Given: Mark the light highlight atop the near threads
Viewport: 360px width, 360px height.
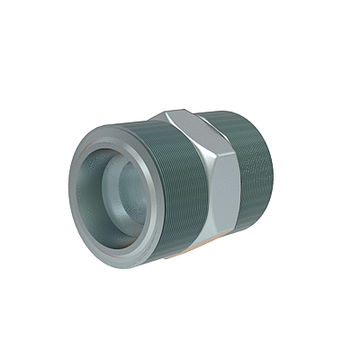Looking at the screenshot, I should (135, 130).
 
